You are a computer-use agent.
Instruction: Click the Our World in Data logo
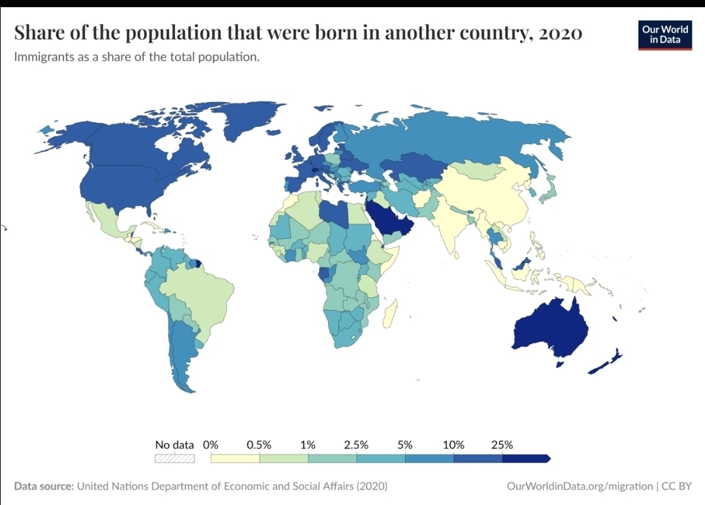(x=664, y=34)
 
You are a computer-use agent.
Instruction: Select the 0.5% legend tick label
(x=259, y=445)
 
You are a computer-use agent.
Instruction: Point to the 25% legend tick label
(x=502, y=445)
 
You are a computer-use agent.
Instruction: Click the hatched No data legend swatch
(x=174, y=458)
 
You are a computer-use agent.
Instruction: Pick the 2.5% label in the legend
(x=356, y=445)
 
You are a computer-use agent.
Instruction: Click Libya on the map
(x=335, y=213)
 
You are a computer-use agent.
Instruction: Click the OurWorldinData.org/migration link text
(x=579, y=486)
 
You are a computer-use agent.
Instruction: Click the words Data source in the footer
(x=44, y=486)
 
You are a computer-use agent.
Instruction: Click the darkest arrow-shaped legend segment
(x=527, y=458)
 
